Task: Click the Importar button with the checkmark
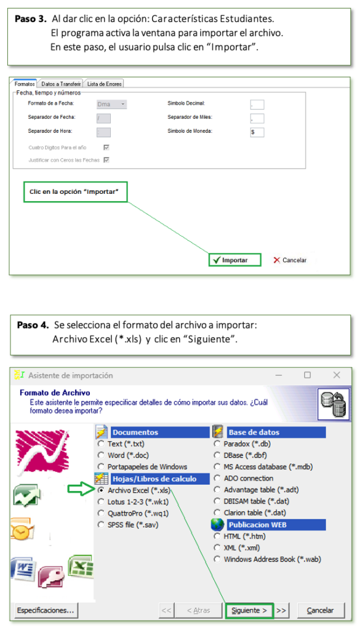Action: (x=235, y=260)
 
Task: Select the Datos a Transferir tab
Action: (x=62, y=84)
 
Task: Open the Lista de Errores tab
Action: (x=105, y=84)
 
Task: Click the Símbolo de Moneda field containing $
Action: (x=257, y=132)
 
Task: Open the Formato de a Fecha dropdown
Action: (x=112, y=105)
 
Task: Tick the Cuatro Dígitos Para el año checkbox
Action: (x=106, y=148)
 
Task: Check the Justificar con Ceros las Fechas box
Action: (x=106, y=159)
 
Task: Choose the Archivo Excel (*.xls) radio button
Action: (x=102, y=490)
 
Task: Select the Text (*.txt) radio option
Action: (x=102, y=444)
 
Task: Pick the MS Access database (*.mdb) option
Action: (x=217, y=467)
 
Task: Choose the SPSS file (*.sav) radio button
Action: (x=102, y=525)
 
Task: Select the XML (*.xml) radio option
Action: (x=217, y=548)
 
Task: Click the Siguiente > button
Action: (x=249, y=610)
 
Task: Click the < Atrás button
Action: (x=199, y=610)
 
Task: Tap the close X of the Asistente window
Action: (x=337, y=375)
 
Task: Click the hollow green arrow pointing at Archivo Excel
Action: (x=82, y=489)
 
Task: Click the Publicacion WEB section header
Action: (x=268, y=525)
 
